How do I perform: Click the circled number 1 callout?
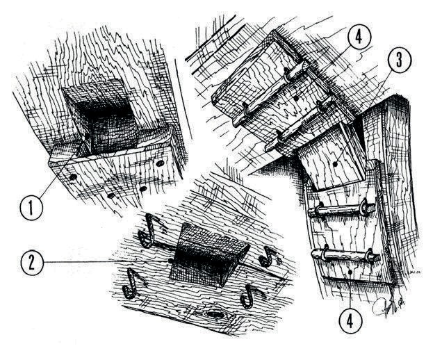pyautogui.click(x=31, y=208)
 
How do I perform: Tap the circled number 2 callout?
pyautogui.click(x=32, y=263)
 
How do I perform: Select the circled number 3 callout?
pyautogui.click(x=399, y=60)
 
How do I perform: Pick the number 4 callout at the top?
pyautogui.click(x=359, y=37)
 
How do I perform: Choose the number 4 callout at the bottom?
pyautogui.click(x=350, y=321)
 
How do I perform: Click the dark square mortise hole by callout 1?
pyautogui.click(x=100, y=118)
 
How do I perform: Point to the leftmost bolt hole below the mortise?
pyautogui.click(x=73, y=177)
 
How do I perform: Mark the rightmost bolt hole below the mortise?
pyautogui.click(x=160, y=163)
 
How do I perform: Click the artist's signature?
pyautogui.click(x=388, y=306)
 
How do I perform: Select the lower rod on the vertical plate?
pyautogui.click(x=346, y=254)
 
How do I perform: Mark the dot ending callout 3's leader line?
pyautogui.click(x=335, y=164)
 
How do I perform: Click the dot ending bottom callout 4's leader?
pyautogui.click(x=350, y=272)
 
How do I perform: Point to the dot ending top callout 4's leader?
pyautogui.click(x=295, y=99)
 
